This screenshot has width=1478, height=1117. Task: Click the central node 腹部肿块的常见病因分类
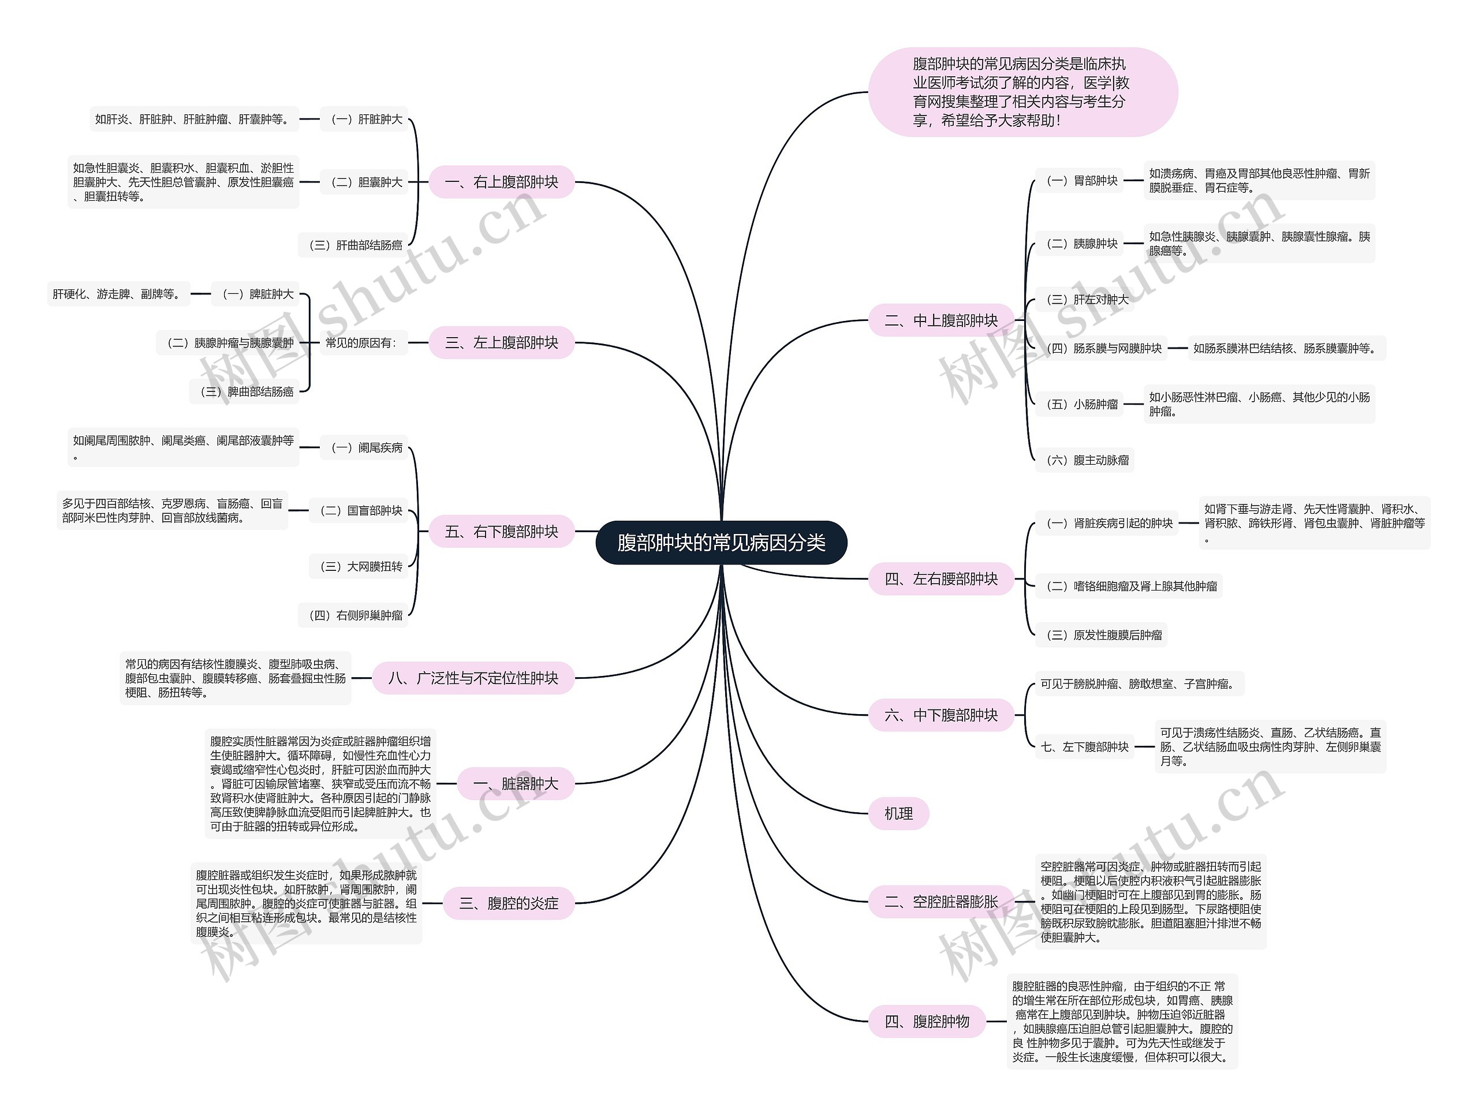[x=721, y=543]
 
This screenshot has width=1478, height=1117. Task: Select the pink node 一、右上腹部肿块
[x=501, y=182]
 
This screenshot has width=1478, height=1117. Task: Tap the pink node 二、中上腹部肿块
[x=941, y=321]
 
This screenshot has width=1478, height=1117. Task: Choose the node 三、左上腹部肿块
[x=501, y=343]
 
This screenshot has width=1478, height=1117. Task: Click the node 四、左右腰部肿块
[x=941, y=578]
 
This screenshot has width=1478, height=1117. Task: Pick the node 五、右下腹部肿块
[x=501, y=532]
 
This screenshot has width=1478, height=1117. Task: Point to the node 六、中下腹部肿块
[x=941, y=715]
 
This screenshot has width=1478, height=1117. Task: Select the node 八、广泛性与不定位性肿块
[x=473, y=678]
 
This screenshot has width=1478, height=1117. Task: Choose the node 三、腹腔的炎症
[x=509, y=903]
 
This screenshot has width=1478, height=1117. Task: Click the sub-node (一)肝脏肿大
[x=365, y=119]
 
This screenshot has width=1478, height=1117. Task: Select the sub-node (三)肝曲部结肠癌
[x=354, y=245]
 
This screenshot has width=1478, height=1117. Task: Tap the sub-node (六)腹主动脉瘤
[x=1084, y=460]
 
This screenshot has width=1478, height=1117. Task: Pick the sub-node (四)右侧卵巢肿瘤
[x=354, y=615]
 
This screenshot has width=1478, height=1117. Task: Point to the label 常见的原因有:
[x=361, y=343]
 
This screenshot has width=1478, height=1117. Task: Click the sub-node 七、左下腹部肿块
[x=1084, y=747]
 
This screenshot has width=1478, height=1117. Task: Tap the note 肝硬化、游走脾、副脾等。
[x=118, y=294]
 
